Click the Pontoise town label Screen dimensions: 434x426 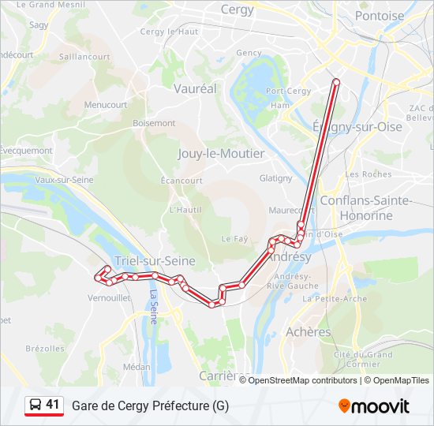pyautogui.click(x=380, y=16)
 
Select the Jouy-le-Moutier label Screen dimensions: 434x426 pyautogui.click(x=222, y=153)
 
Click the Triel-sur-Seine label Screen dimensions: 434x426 pyautogui.click(x=155, y=261)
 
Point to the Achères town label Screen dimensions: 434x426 pyautogui.click(x=309, y=332)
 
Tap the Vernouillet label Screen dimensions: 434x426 pyautogui.click(x=109, y=298)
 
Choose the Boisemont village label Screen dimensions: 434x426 pyautogui.click(x=154, y=123)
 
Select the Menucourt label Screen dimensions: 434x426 pyautogui.click(x=106, y=104)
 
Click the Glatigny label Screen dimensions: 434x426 pyautogui.click(x=275, y=178)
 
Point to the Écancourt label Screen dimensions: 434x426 pyautogui.click(x=181, y=181)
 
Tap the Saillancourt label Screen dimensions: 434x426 pyautogui.click(x=84, y=57)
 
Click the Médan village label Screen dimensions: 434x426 pyautogui.click(x=137, y=366)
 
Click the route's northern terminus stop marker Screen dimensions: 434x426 pyautogui.click(x=336, y=81)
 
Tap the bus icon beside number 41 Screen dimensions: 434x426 pyautogui.click(x=35, y=405)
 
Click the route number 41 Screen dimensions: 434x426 pyautogui.click(x=53, y=405)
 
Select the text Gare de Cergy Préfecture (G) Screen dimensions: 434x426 pyautogui.click(x=151, y=405)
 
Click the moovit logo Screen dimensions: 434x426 pyautogui.click(x=374, y=406)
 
